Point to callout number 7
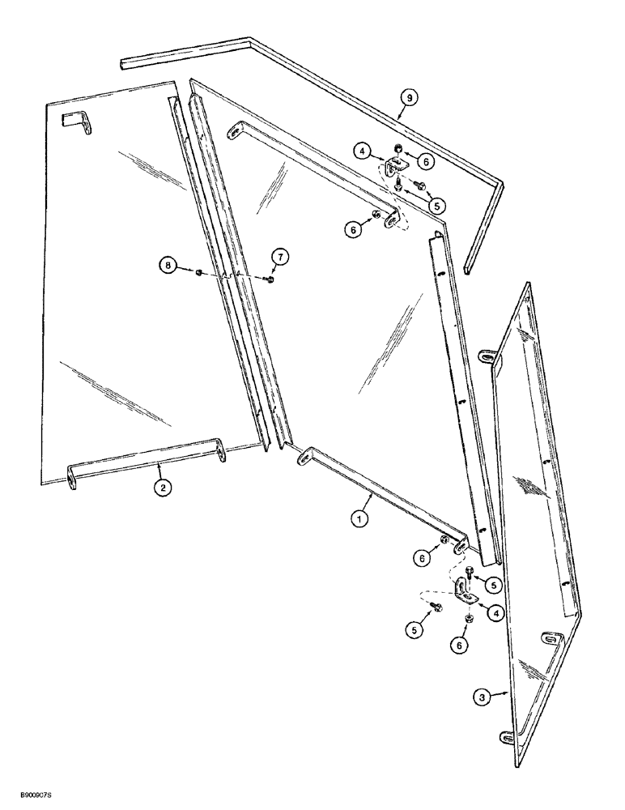point(281,257)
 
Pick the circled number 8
point(167,264)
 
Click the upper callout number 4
point(364,150)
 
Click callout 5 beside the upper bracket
point(436,207)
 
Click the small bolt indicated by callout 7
point(269,279)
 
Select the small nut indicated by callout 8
point(199,274)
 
